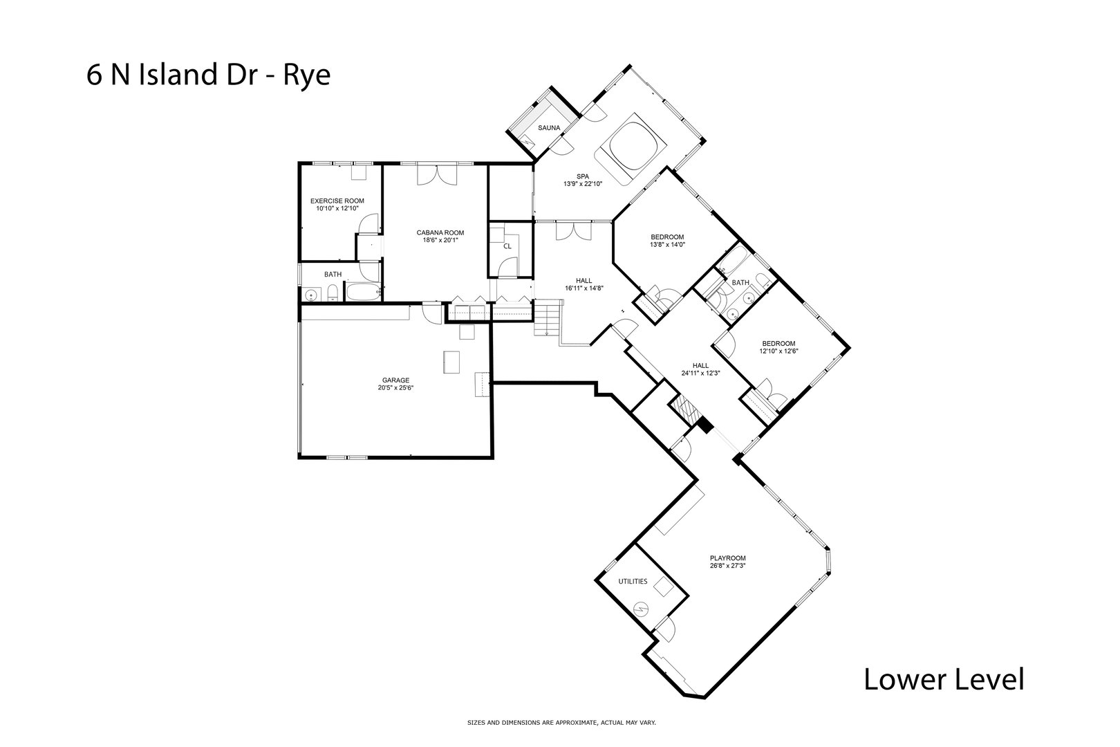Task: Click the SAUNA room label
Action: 548,128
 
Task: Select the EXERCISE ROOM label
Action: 337,201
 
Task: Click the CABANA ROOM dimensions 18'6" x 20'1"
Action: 440,240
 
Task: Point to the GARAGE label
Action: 395,380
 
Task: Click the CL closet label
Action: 507,246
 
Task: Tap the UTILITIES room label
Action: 633,582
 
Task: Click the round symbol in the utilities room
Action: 640,609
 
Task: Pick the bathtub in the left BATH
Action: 364,292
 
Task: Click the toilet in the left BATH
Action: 333,293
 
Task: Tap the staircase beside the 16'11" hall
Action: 548,317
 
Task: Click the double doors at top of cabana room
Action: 437,174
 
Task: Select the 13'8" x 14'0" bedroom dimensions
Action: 667,245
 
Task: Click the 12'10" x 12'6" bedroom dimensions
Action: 778,351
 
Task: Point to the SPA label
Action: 583,176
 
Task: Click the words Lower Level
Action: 944,679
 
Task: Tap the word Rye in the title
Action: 307,76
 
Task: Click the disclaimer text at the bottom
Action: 561,723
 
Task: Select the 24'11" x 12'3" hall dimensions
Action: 700,373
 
